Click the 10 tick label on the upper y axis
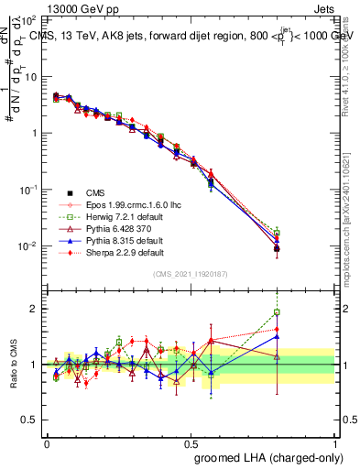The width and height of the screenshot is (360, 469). pyautogui.click(x=29, y=76)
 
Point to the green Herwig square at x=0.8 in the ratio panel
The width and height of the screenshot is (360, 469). pyautogui.click(x=277, y=312)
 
